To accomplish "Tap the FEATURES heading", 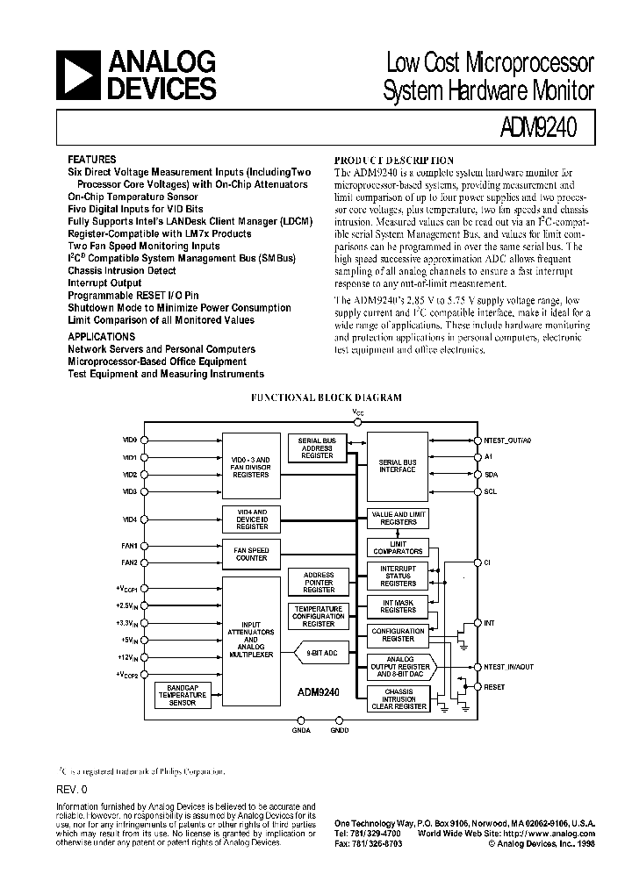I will tap(92, 160).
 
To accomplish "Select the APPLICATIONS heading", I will tap(102, 336).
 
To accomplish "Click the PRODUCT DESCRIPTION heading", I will tap(394, 161).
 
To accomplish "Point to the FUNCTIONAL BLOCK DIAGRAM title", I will tap(327, 397).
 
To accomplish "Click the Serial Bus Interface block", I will tap(397, 466).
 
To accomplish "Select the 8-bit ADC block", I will tap(324, 653).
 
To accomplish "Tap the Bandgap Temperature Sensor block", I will tap(182, 695).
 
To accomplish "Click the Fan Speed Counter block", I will tap(250, 554).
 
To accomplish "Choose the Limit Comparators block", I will tap(397, 547).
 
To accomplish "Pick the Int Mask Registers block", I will tap(398, 605).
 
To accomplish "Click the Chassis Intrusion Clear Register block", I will tap(399, 698).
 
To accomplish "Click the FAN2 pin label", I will tap(129, 562).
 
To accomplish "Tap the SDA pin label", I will tap(490, 475).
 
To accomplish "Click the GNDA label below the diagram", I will tap(300, 729).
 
